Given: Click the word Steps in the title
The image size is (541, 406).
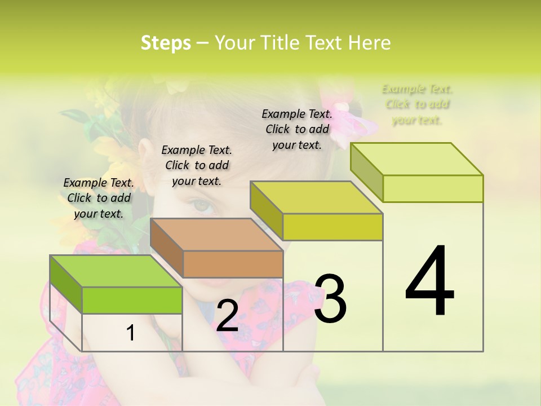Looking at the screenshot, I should point(166,43).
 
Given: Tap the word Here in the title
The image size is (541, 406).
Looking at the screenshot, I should point(369,43).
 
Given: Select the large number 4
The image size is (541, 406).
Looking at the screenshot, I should point(429,282).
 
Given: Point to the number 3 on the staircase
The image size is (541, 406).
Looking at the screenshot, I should point(330,299).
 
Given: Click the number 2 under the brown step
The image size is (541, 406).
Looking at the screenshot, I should point(227,316).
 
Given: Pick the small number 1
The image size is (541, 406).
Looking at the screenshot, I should point(131,333).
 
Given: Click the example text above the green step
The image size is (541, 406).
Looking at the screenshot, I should point(99,198).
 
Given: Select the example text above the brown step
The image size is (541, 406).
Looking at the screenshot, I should point(197,165).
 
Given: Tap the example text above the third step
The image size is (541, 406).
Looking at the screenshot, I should point(297,129).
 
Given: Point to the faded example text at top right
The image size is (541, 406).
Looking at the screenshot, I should point(417,104).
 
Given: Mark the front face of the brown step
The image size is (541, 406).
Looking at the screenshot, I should point(233,264).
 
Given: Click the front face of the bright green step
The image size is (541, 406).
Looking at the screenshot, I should point(132,300).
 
